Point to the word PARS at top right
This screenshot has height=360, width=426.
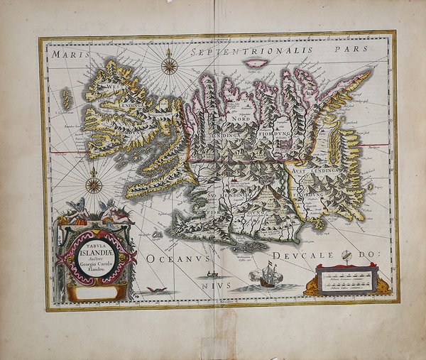[350, 52]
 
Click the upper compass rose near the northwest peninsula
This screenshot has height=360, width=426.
[169, 67]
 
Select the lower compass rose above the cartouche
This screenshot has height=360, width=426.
[94, 186]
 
